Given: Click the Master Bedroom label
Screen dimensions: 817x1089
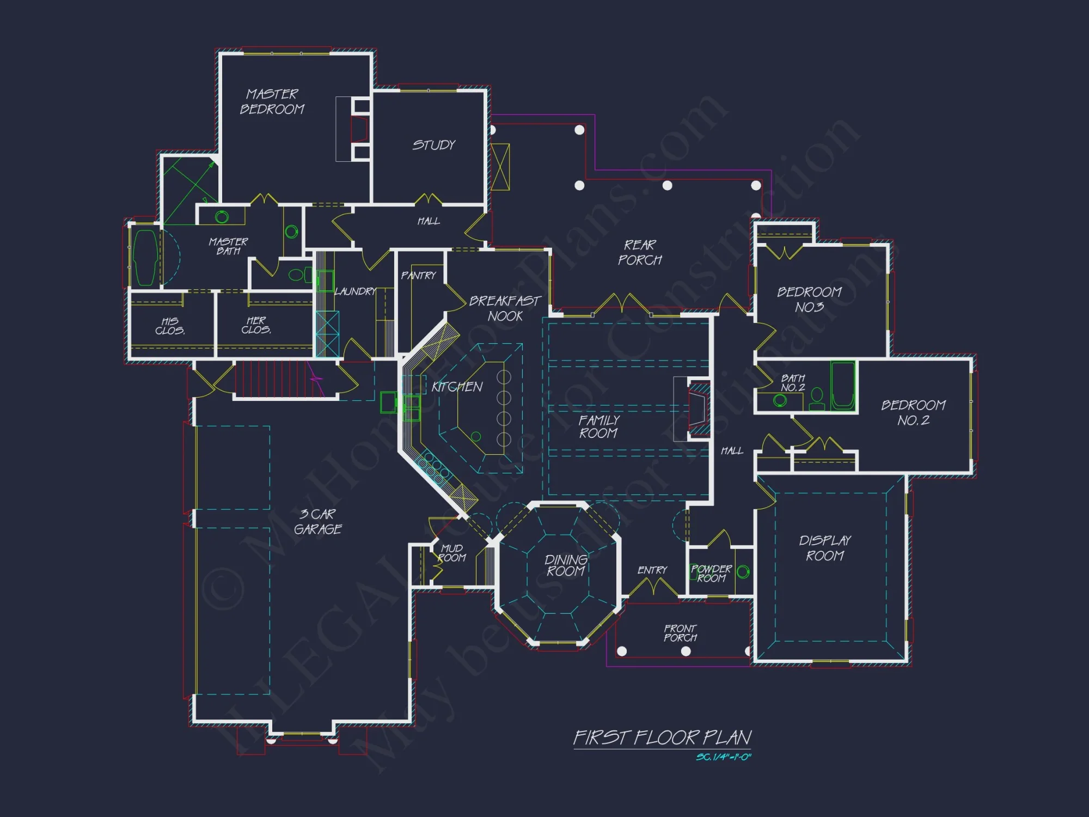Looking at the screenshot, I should click(x=272, y=102).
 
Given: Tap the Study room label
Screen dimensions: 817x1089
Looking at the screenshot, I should click(x=433, y=145).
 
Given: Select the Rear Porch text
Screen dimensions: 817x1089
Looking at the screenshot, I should click(x=640, y=253).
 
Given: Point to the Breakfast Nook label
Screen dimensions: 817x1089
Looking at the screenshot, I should click(x=505, y=308).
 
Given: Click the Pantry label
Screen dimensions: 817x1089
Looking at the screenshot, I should click(x=418, y=276).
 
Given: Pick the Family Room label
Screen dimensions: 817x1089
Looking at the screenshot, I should click(x=598, y=427).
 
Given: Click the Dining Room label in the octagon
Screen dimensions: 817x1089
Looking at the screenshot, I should click(x=566, y=565).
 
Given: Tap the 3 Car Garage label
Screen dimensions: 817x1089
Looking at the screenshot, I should click(x=318, y=522).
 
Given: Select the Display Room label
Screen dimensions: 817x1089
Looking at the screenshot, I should click(x=825, y=548).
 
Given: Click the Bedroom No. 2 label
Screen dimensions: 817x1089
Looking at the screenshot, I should click(x=913, y=413).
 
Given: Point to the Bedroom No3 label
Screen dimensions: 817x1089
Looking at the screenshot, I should click(x=809, y=300).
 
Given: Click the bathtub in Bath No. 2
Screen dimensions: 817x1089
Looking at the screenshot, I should click(x=842, y=386).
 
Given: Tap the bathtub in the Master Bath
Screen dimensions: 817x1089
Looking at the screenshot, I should click(x=145, y=258).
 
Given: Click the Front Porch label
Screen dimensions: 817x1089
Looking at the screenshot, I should click(x=680, y=633).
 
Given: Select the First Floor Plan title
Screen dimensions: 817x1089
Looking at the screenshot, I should click(x=662, y=738).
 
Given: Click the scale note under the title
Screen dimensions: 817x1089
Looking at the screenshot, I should click(x=723, y=757).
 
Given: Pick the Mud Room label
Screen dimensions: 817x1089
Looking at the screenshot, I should click(x=452, y=553).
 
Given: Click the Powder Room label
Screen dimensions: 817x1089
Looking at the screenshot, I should click(x=711, y=574).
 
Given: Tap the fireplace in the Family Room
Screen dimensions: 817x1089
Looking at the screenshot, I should click(x=698, y=408).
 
